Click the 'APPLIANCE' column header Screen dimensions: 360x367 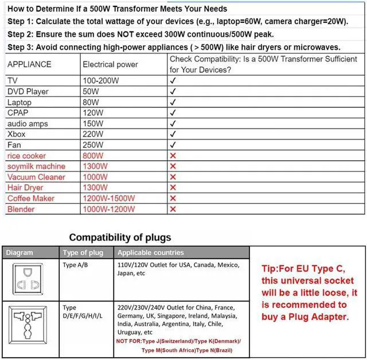pyautogui.click(x=29, y=64)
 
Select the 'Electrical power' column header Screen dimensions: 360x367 pyautogui.click(x=110, y=64)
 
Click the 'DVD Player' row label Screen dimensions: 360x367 pyautogui.click(x=28, y=91)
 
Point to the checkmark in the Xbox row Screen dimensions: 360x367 pyautogui.click(x=173, y=134)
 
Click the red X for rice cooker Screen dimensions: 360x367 pyautogui.click(x=173, y=156)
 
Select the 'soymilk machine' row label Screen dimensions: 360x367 pyautogui.click(x=36, y=167)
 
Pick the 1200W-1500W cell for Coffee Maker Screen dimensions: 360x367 pyautogui.click(x=109, y=199)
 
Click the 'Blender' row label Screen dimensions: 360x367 pyautogui.click(x=21, y=210)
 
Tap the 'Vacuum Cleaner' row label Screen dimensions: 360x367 pyautogui.click(x=36, y=177)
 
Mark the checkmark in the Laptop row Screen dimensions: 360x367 pyautogui.click(x=173, y=102)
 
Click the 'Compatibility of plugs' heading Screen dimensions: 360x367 pyautogui.click(x=120, y=237)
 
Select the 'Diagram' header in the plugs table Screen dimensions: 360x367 pyautogui.click(x=19, y=253)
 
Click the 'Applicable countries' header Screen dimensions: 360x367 pyautogui.click(x=151, y=253)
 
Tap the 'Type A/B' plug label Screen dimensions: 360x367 pyautogui.click(x=76, y=265)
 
